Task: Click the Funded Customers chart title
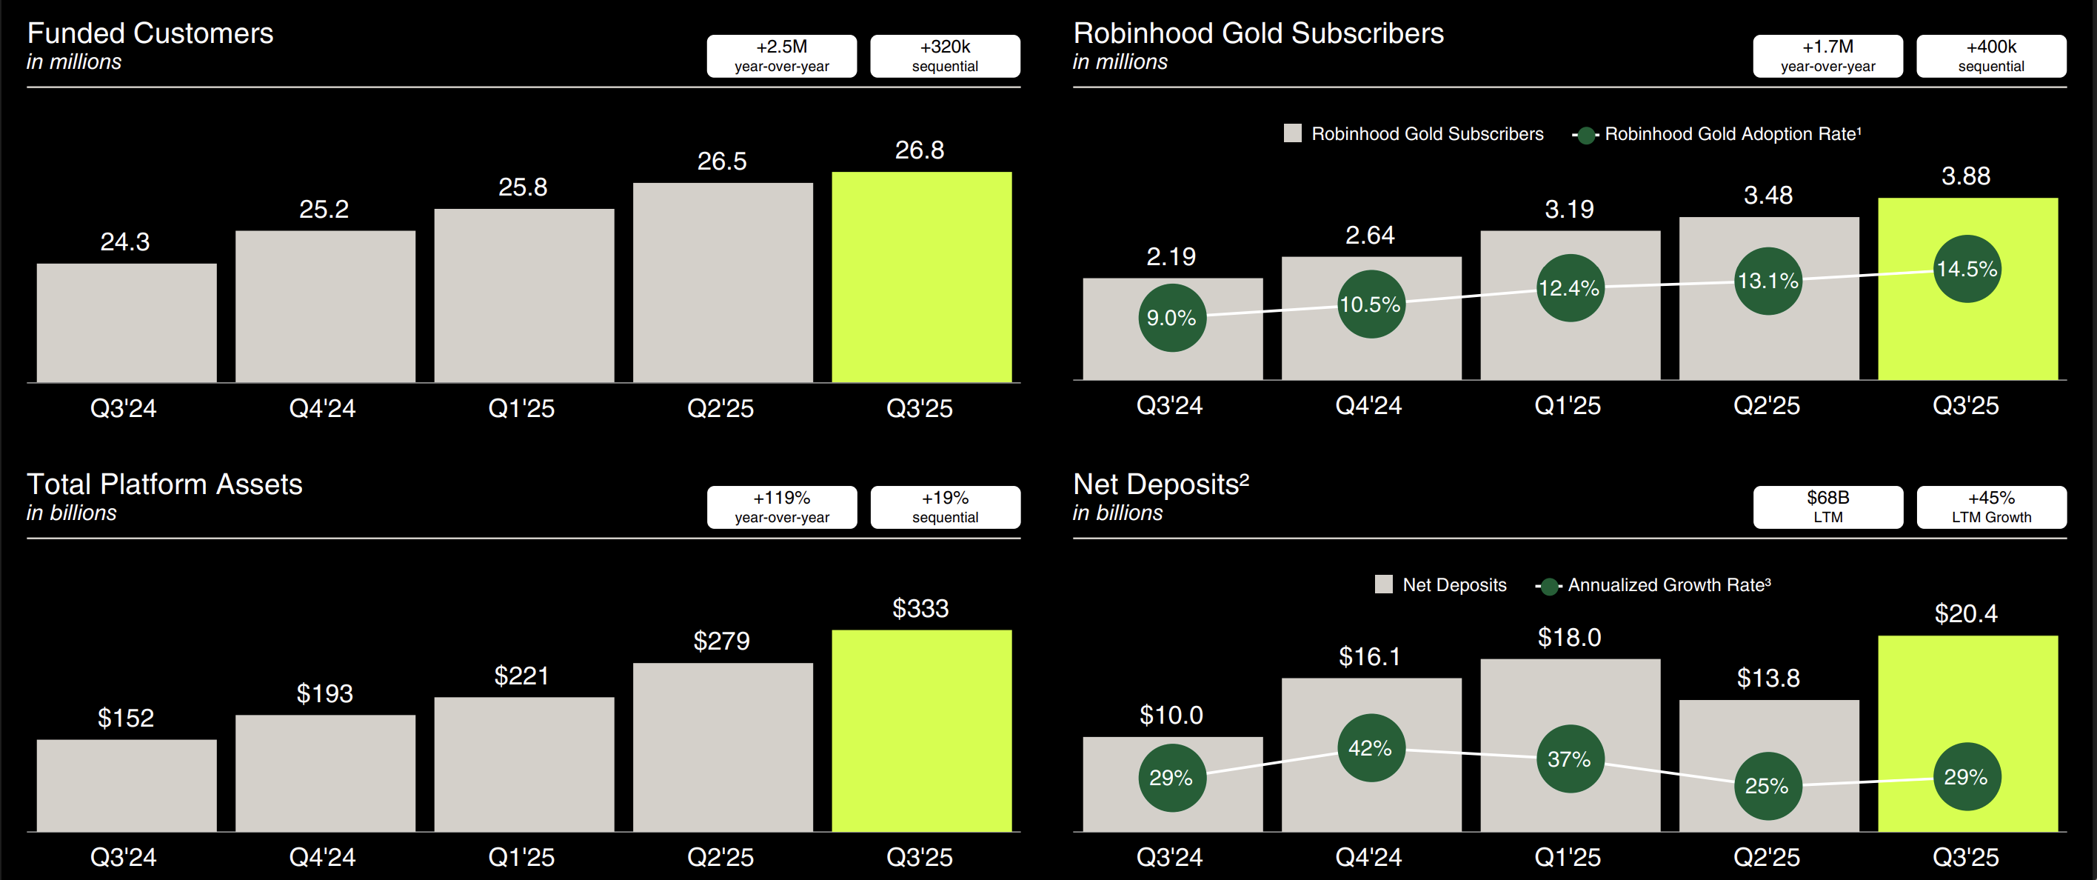coord(150,33)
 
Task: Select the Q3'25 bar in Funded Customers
coord(921,277)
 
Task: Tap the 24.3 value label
coord(124,241)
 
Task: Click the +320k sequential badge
coord(944,56)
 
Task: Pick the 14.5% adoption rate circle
coord(1966,270)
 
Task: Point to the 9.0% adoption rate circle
coord(1171,319)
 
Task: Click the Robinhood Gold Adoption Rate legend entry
coord(1718,134)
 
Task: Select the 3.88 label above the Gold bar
coord(1965,176)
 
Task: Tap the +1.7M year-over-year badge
coord(1827,56)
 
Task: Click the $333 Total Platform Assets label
coord(920,608)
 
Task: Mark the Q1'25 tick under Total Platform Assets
coord(521,856)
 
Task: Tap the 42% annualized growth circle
coord(1370,748)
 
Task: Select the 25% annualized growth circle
coord(1767,786)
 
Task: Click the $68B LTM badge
coord(1827,507)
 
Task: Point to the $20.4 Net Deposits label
coord(1965,613)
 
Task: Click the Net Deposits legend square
coord(1383,584)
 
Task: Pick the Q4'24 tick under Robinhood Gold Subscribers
coord(1368,405)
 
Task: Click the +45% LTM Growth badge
coord(1990,507)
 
